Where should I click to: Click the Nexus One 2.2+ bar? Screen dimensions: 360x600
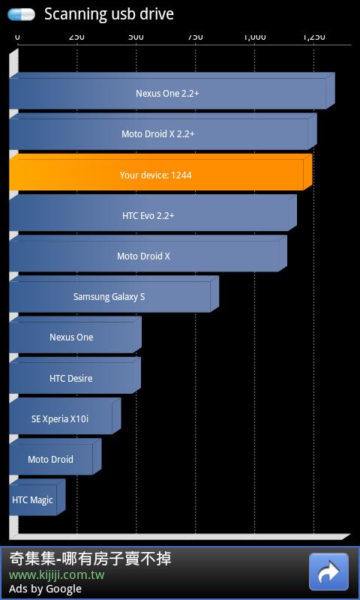(x=172, y=91)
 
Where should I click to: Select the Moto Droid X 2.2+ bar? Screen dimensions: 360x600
(x=163, y=131)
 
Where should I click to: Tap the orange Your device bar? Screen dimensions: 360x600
(x=160, y=172)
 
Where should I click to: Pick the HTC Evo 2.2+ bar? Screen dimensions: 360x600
(x=153, y=213)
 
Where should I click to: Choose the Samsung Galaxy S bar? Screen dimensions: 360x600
(x=114, y=294)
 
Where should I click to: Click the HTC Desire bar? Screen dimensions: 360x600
(x=75, y=376)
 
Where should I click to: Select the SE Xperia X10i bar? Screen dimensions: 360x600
(x=65, y=416)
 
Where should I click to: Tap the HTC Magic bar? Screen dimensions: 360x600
(x=37, y=497)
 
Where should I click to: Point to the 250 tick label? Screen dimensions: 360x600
(x=76, y=37)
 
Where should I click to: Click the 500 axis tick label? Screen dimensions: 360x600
(x=136, y=37)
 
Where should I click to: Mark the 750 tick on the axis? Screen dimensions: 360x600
(x=196, y=37)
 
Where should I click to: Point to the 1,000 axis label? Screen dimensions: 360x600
(x=255, y=37)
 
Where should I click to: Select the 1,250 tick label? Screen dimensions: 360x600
(x=314, y=37)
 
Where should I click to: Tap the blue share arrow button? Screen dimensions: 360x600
(x=328, y=571)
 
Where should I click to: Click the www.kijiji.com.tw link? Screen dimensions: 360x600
(x=56, y=575)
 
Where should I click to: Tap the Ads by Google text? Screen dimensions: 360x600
(x=45, y=589)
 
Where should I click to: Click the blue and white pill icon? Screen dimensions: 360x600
(x=22, y=14)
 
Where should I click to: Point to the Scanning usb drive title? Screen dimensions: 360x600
(x=109, y=14)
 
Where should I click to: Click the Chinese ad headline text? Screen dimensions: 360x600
(x=90, y=559)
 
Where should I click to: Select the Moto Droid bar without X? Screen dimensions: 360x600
(x=55, y=457)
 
